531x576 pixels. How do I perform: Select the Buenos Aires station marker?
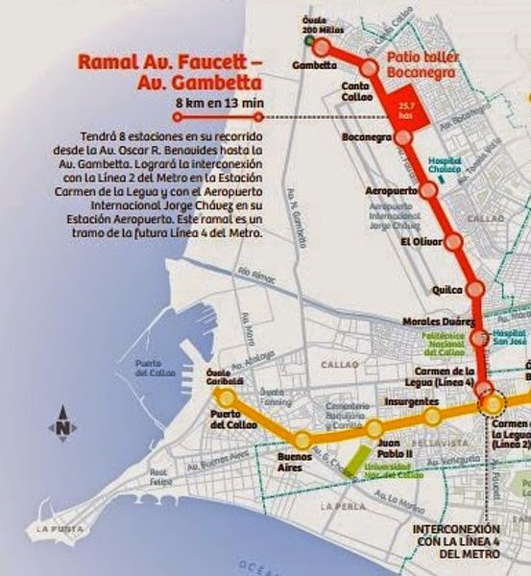(x=302, y=441)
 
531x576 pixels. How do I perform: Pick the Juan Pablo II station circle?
(x=374, y=428)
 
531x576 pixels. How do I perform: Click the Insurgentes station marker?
(x=433, y=416)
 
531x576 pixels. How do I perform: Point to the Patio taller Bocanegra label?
(x=422, y=64)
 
